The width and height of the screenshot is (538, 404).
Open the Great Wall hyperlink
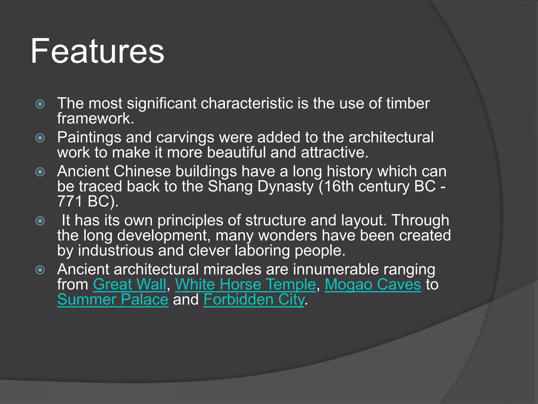pyautogui.click(x=130, y=285)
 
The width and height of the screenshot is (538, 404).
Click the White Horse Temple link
pyautogui.click(x=245, y=285)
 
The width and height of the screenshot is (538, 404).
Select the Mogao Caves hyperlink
pyautogui.click(x=373, y=285)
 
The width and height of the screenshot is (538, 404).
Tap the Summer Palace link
pyautogui.click(x=113, y=300)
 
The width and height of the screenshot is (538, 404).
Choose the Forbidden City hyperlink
pyautogui.click(x=254, y=300)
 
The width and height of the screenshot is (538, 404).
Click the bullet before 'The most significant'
pyautogui.click(x=40, y=104)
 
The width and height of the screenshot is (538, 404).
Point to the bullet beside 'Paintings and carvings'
pyautogui.click(x=40, y=138)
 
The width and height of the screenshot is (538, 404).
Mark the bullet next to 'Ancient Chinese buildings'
pyautogui.click(x=40, y=172)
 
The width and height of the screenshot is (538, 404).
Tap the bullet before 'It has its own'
pyautogui.click(x=40, y=221)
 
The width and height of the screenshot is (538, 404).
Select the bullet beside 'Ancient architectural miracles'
pyautogui.click(x=40, y=270)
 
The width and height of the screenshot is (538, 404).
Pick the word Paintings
pyautogui.click(x=89, y=138)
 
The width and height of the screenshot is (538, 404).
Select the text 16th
pyautogui.click(x=339, y=186)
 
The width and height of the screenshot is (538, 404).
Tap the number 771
pyautogui.click(x=70, y=201)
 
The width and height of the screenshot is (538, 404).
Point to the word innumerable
pyautogui.click(x=336, y=269)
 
